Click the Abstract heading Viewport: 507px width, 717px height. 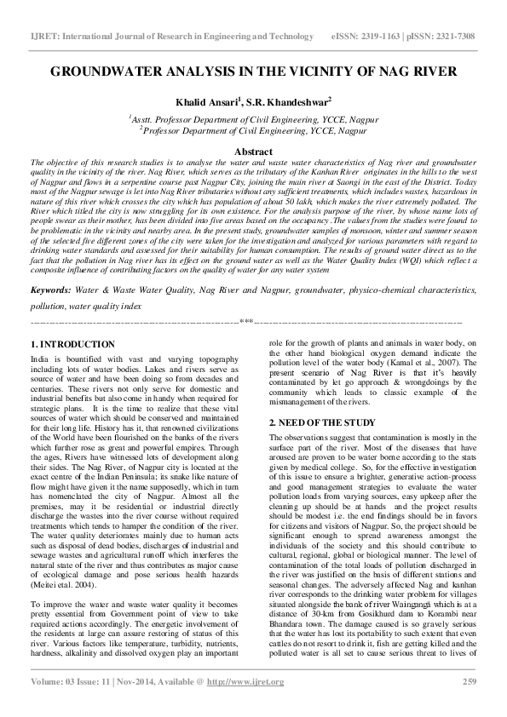pyautogui.click(x=253, y=150)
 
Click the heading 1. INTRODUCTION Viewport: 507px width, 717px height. pyautogui.click(x=72, y=343)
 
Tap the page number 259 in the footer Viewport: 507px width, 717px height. pyautogui.click(x=468, y=681)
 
